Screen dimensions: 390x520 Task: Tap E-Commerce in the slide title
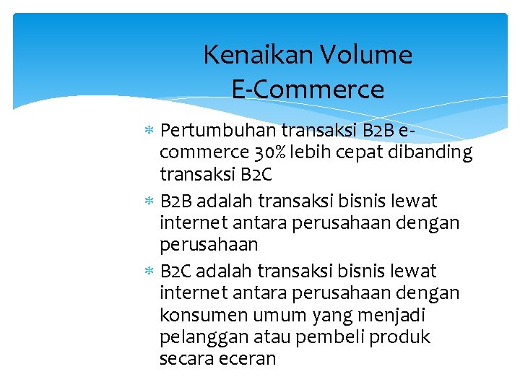[x=308, y=90]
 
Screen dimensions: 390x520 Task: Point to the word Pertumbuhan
[x=218, y=131]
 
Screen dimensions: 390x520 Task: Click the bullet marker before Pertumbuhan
[x=149, y=131]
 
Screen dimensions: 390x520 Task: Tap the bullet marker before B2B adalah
[x=149, y=201]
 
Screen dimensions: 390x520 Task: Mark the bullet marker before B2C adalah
[x=149, y=272]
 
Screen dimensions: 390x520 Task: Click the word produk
[x=404, y=337]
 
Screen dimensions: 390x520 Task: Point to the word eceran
[x=249, y=359]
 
